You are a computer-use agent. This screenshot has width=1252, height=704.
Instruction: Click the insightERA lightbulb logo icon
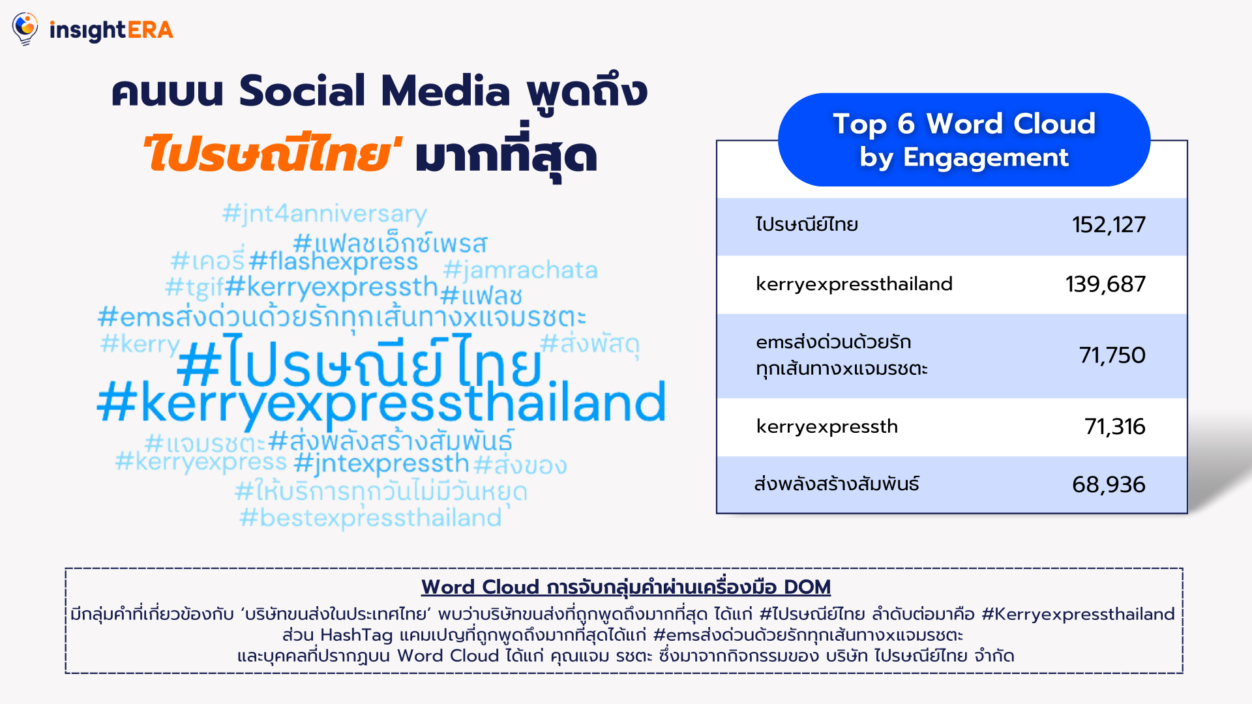(x=25, y=29)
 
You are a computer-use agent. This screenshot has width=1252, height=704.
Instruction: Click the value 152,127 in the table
(x=1109, y=225)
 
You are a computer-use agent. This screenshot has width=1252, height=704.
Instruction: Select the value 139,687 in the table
(x=1105, y=284)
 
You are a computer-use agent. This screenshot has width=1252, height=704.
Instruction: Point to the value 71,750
(x=1112, y=355)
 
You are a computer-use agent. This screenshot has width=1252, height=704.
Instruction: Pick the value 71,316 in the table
(x=1114, y=426)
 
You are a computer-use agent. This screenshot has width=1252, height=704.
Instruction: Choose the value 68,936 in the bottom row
(x=1109, y=484)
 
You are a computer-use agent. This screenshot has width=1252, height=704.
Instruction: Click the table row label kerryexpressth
(x=827, y=427)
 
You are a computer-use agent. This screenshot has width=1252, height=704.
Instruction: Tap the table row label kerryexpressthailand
(x=854, y=284)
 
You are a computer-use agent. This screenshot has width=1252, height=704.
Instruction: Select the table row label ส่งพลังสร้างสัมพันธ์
(x=837, y=484)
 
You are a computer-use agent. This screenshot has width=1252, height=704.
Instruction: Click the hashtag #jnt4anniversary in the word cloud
(x=325, y=214)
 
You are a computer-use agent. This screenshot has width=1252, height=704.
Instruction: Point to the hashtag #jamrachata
(x=520, y=270)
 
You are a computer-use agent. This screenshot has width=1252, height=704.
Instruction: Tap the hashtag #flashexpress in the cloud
(x=333, y=261)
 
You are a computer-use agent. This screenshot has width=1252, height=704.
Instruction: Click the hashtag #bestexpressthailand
(x=370, y=518)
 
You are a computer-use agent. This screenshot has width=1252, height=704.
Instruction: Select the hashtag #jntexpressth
(x=381, y=463)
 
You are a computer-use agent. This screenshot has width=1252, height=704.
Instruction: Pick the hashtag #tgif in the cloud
(x=194, y=286)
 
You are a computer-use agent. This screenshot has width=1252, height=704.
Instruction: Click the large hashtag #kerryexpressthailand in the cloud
(x=381, y=403)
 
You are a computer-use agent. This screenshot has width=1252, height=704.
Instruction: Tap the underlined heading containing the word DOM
(x=626, y=587)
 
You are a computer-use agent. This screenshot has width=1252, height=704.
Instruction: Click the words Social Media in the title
(x=374, y=91)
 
